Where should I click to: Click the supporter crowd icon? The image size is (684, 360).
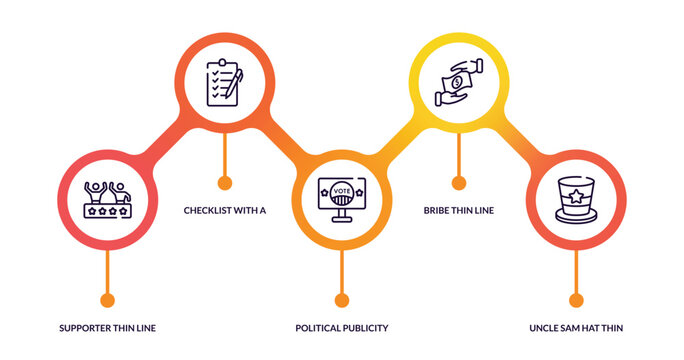click(x=107, y=199)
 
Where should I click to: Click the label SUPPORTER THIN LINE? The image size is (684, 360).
click(x=107, y=328)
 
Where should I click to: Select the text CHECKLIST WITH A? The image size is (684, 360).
click(x=224, y=211)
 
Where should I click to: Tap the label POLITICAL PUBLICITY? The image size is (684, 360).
click(x=341, y=328)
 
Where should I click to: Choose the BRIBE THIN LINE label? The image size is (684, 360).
click(x=458, y=211)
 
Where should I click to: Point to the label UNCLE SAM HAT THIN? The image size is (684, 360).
click(x=576, y=328)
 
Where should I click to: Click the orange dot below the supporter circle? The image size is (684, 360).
click(x=107, y=299)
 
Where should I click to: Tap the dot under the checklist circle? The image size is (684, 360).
click(x=224, y=182)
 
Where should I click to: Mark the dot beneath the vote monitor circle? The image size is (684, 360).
click(x=341, y=299)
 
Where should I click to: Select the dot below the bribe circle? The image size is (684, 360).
click(x=458, y=182)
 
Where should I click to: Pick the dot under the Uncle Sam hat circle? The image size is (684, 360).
click(x=575, y=299)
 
